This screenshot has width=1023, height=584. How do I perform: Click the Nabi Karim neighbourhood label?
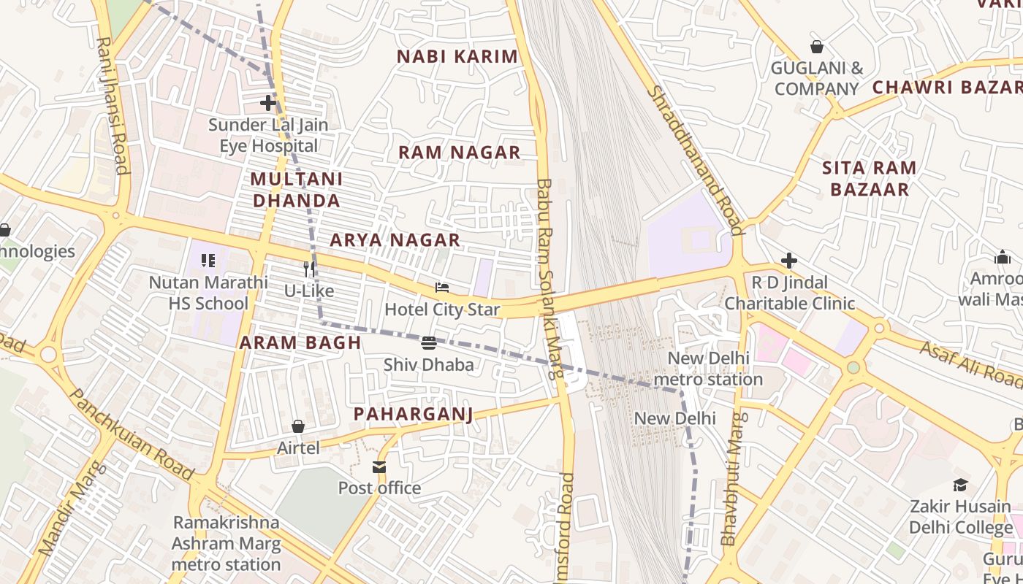click(457, 56)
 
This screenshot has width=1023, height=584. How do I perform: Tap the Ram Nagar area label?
click(459, 153)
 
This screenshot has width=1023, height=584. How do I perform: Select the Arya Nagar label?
click(395, 240)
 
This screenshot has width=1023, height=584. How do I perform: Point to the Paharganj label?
click(413, 415)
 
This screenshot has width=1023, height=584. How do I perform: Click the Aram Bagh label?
click(300, 342)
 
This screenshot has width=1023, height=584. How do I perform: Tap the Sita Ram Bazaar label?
click(869, 179)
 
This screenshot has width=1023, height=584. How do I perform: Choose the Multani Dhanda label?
click(297, 190)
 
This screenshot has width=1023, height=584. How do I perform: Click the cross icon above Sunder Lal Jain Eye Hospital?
click(268, 103)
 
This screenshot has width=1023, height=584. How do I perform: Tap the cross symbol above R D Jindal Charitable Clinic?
click(789, 261)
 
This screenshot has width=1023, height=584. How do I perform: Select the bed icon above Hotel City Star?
click(442, 288)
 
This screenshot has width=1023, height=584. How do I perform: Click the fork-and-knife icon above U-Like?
click(309, 269)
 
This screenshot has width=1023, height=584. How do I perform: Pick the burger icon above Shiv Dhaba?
click(429, 342)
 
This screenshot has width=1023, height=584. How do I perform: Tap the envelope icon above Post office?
click(379, 466)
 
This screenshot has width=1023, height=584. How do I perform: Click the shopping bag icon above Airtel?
click(298, 426)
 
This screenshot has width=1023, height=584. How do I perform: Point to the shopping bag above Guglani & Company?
click(817, 47)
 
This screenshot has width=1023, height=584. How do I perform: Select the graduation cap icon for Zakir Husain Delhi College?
click(960, 485)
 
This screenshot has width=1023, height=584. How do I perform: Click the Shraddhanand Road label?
click(696, 161)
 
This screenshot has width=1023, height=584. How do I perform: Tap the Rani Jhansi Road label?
click(113, 106)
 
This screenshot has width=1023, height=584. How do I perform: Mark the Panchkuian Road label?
click(132, 435)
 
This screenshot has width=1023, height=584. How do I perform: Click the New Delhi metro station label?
click(708, 369)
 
